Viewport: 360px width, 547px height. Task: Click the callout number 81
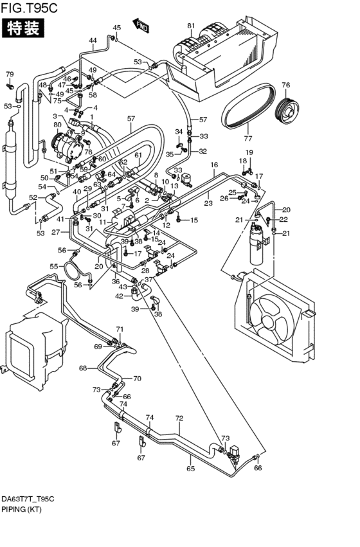pyautogui.click(x=191, y=26)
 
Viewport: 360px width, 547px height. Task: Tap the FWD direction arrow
pyautogui.click(x=141, y=26)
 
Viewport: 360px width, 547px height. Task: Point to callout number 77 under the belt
pyautogui.click(x=248, y=138)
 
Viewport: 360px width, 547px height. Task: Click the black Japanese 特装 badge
pyautogui.click(x=23, y=28)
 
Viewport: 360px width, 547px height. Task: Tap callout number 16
pyautogui.click(x=214, y=165)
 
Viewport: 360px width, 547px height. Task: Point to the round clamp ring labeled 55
pyautogui.click(x=72, y=271)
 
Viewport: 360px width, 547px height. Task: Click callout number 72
pyautogui.click(x=179, y=418)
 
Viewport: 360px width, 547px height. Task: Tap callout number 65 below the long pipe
pyautogui.click(x=190, y=469)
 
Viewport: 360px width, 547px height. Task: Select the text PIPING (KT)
pyautogui.click(x=21, y=509)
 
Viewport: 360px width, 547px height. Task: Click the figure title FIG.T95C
pyautogui.click(x=29, y=7)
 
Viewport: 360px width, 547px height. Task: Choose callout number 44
pyautogui.click(x=93, y=40)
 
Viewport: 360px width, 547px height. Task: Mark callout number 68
pyautogui.click(x=83, y=368)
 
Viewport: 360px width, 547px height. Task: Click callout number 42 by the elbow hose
pyautogui.click(x=120, y=296)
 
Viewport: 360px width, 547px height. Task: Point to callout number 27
pyautogui.click(x=56, y=231)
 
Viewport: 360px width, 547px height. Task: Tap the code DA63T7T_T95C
pyautogui.click(x=28, y=499)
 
